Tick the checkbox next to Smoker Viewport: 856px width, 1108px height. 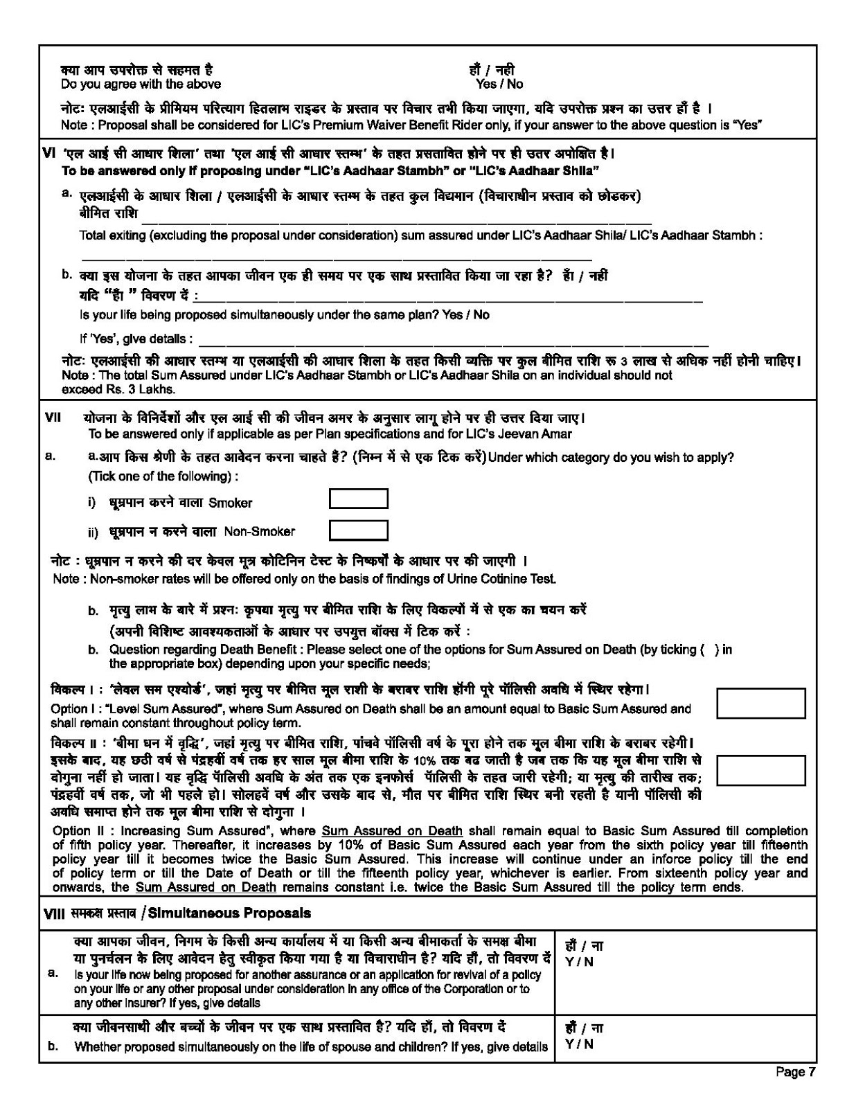click(x=358, y=499)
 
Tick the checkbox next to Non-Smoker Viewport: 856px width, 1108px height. click(x=358, y=530)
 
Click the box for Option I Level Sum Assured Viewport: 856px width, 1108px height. click(x=760, y=703)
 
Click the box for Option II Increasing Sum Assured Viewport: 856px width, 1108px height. click(x=760, y=769)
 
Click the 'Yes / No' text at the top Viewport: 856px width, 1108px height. click(x=499, y=84)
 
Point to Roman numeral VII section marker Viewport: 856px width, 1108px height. click(x=53, y=418)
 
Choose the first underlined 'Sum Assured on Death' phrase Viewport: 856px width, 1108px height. click(x=392, y=830)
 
